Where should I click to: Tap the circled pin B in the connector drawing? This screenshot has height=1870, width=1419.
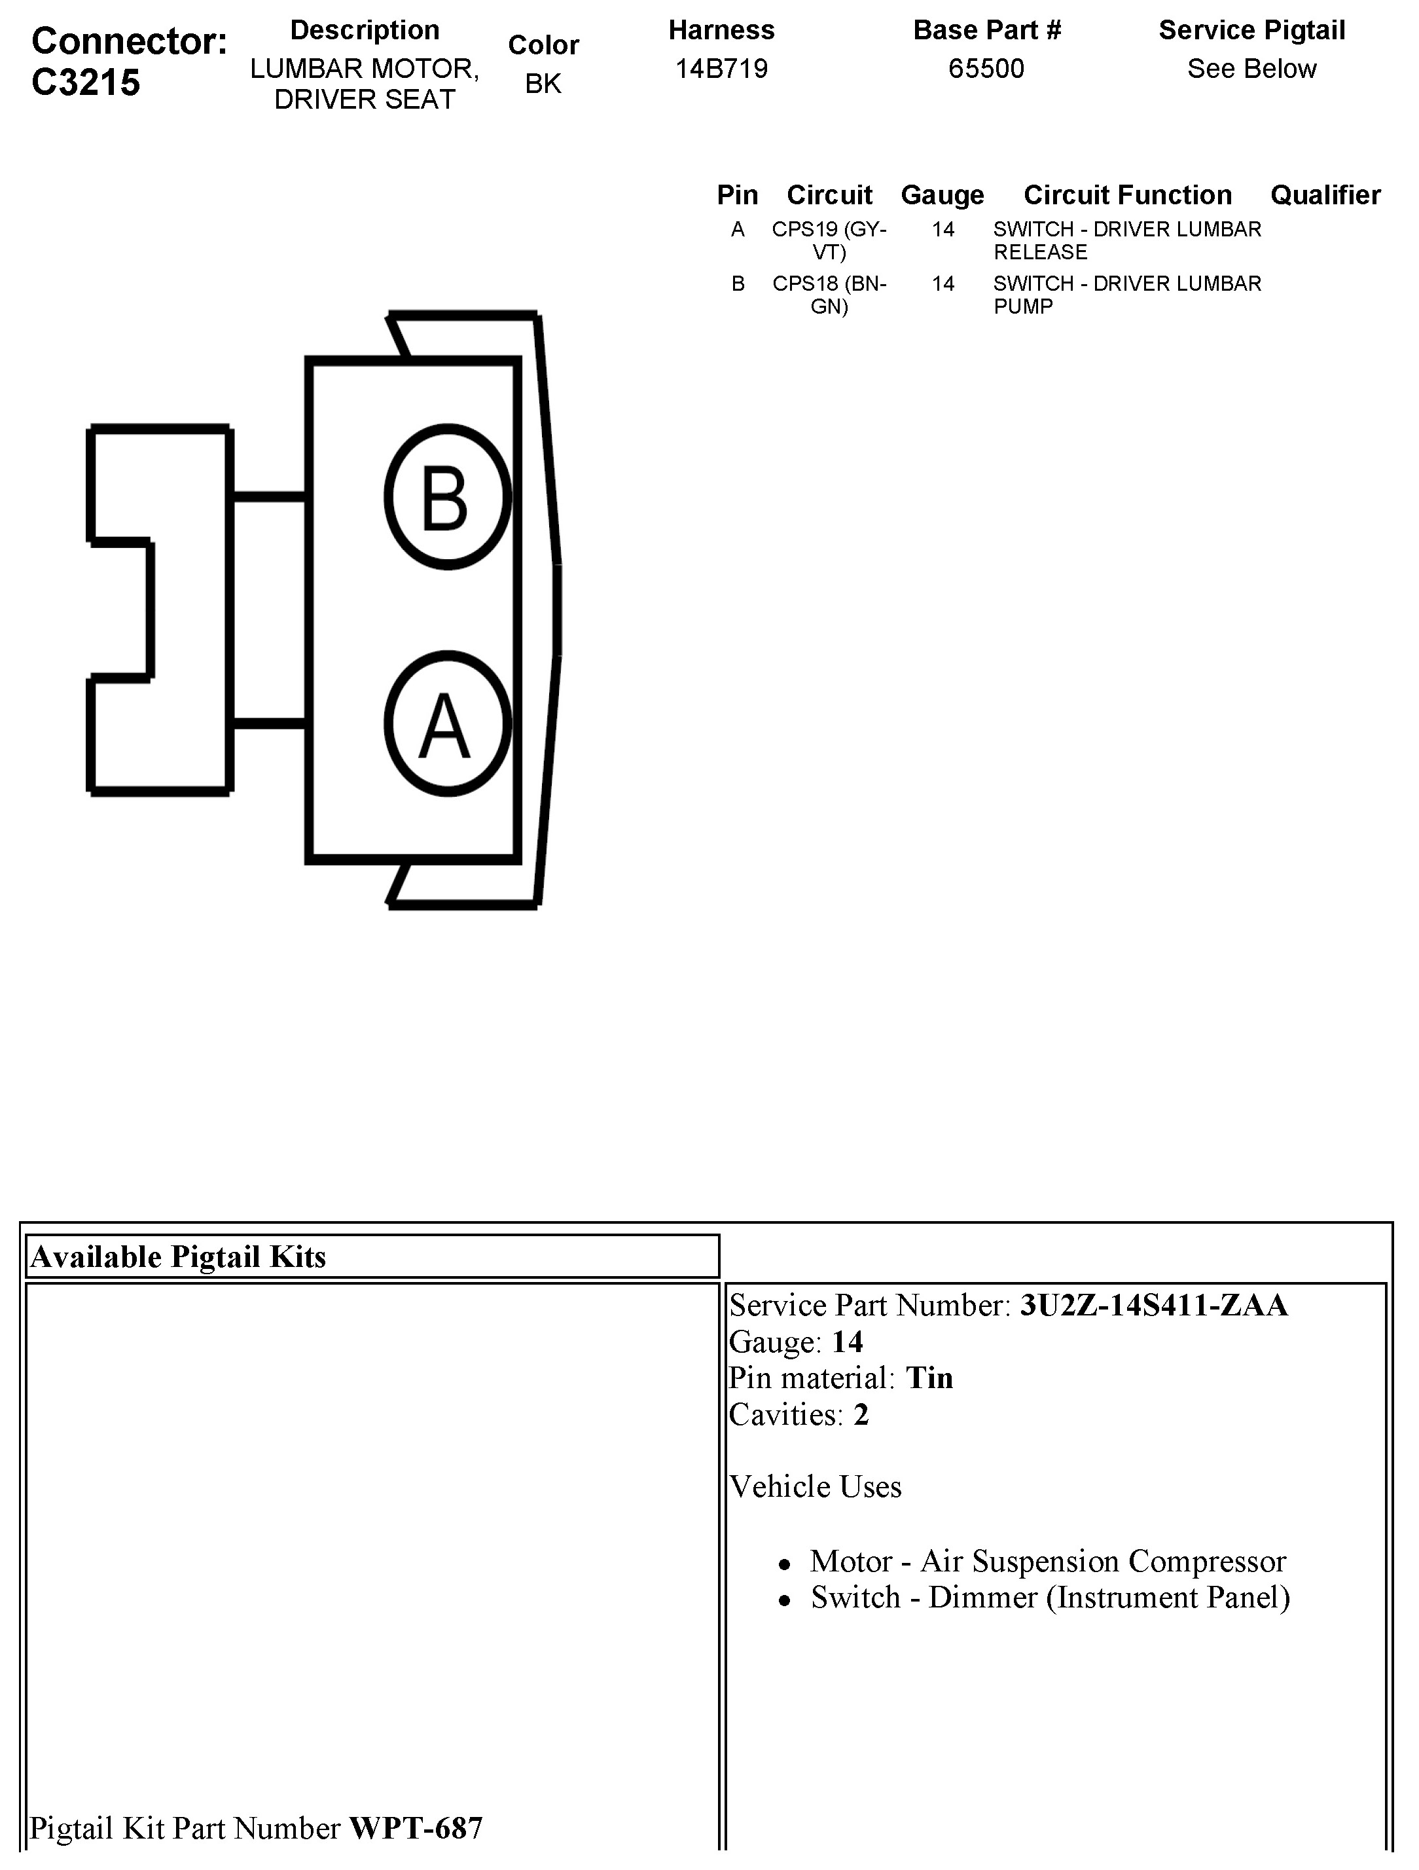click(447, 497)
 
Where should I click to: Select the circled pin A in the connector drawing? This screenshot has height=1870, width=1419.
click(447, 724)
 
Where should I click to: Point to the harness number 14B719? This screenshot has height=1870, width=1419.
click(721, 69)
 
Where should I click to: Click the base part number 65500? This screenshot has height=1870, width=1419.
click(986, 69)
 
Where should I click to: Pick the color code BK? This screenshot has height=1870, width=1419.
click(543, 84)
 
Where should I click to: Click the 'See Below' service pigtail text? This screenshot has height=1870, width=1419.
click(1251, 69)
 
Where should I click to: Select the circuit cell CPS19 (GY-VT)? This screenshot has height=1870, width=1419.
click(829, 240)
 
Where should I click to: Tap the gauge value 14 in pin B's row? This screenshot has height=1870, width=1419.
click(943, 284)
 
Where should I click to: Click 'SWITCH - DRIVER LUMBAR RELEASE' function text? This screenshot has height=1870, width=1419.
click(1126, 240)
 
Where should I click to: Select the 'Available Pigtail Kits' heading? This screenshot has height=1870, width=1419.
click(178, 1257)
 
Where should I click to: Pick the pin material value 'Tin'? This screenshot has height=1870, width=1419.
click(929, 1378)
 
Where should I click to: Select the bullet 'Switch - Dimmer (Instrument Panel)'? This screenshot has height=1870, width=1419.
click(1050, 1597)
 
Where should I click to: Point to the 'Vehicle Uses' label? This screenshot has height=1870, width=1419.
click(815, 1486)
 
